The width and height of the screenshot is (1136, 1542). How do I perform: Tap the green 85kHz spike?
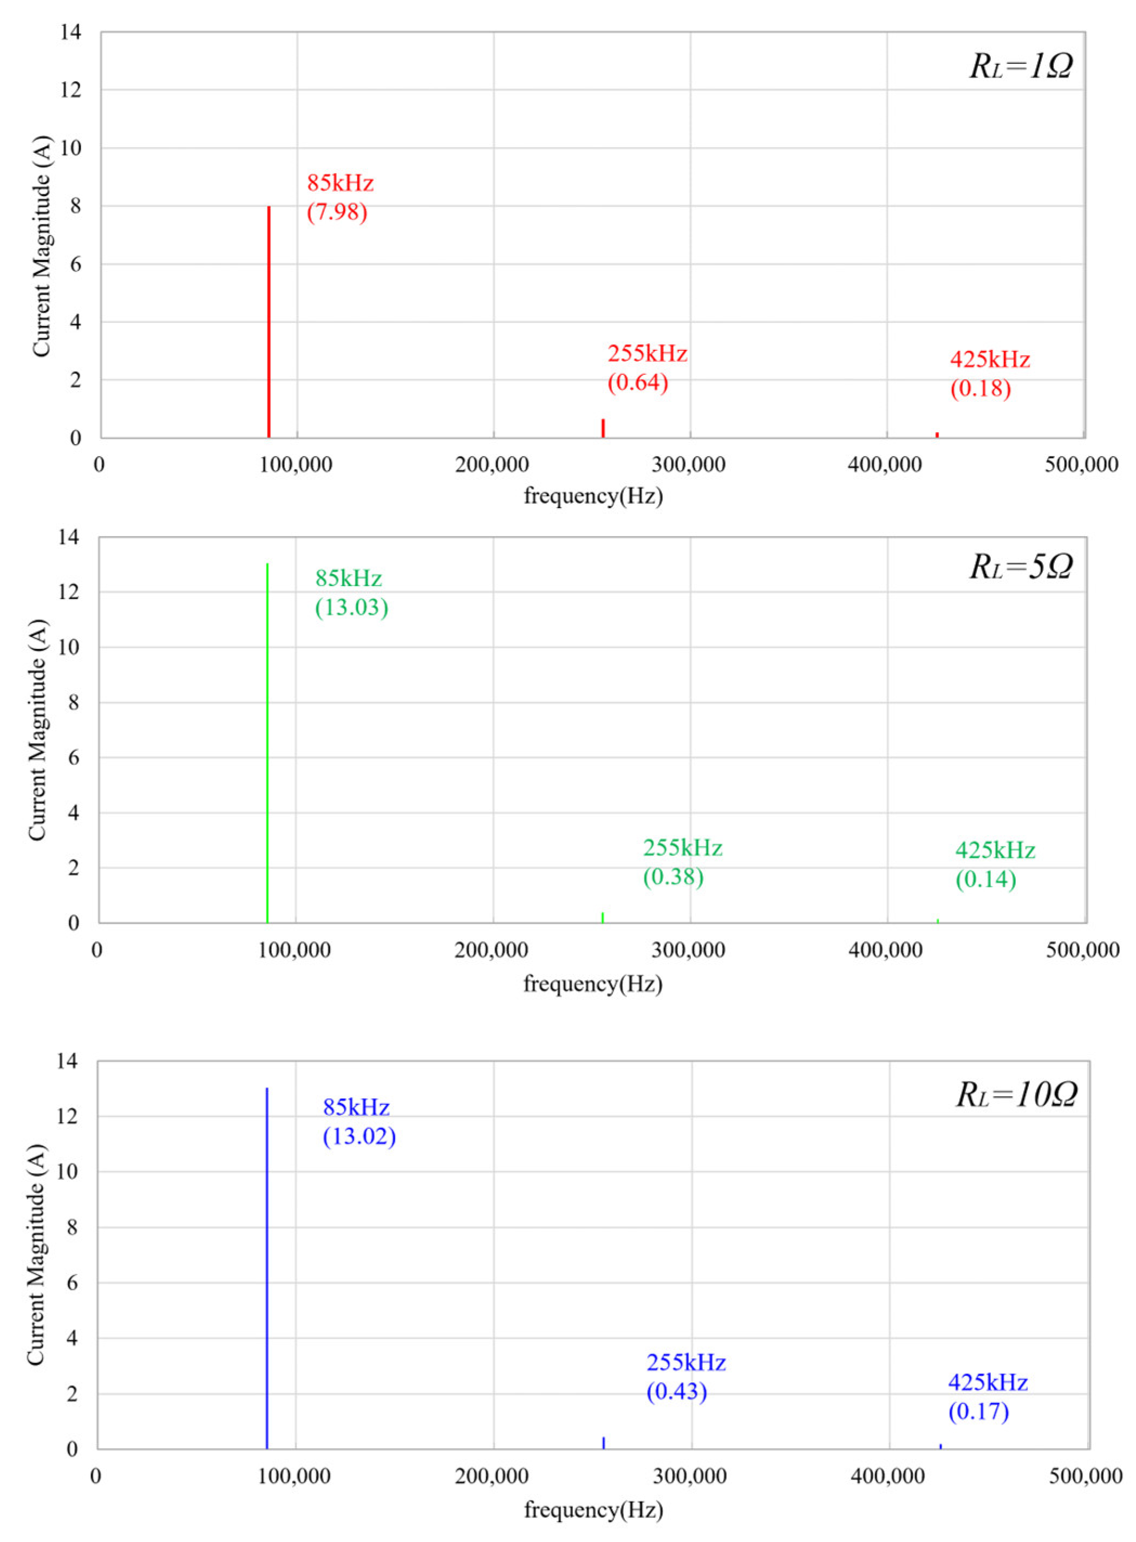(x=267, y=743)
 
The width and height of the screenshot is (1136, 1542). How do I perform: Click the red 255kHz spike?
(x=603, y=428)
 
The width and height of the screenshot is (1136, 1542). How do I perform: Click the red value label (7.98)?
(x=337, y=212)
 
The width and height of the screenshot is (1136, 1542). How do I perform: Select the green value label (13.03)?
(x=351, y=607)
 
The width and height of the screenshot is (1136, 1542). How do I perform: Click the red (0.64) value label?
(x=637, y=382)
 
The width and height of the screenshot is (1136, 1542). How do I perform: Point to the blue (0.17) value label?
(x=978, y=1411)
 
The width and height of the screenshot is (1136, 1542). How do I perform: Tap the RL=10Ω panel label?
(x=1016, y=1094)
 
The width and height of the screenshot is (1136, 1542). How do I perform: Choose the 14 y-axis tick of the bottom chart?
(x=67, y=1061)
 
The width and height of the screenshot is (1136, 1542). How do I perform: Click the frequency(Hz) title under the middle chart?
(x=593, y=984)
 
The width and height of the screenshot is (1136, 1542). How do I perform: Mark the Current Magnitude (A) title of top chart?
(x=41, y=246)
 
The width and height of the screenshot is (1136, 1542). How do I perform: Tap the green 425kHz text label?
(x=995, y=850)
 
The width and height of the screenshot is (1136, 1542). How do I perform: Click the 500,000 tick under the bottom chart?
(x=1085, y=1476)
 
